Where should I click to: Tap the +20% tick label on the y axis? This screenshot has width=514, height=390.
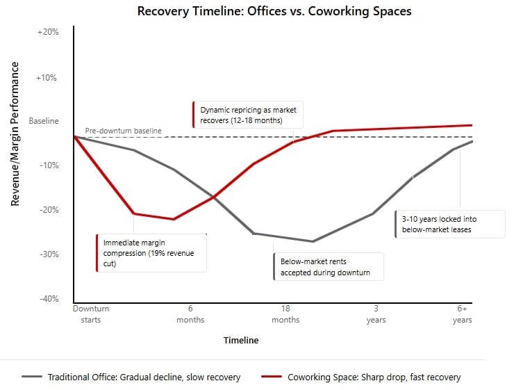[48, 33]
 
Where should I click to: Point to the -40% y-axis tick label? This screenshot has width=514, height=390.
[48, 299]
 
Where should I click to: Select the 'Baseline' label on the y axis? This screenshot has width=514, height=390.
[44, 121]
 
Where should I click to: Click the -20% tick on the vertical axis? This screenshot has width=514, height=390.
[48, 210]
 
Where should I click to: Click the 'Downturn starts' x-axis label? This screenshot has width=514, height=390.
[91, 314]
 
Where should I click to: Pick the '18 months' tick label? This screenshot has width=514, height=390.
[285, 314]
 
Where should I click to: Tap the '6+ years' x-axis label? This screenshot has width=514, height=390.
[462, 314]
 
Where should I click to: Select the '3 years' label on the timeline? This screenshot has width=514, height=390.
[376, 314]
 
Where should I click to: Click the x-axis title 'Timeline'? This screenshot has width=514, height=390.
[241, 341]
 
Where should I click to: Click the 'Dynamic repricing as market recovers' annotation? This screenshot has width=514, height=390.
[249, 115]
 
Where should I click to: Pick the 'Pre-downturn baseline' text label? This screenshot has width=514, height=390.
[123, 131]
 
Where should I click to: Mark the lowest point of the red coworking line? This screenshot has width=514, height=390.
[174, 220]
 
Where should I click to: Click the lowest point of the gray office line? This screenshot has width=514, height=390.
[313, 241]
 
